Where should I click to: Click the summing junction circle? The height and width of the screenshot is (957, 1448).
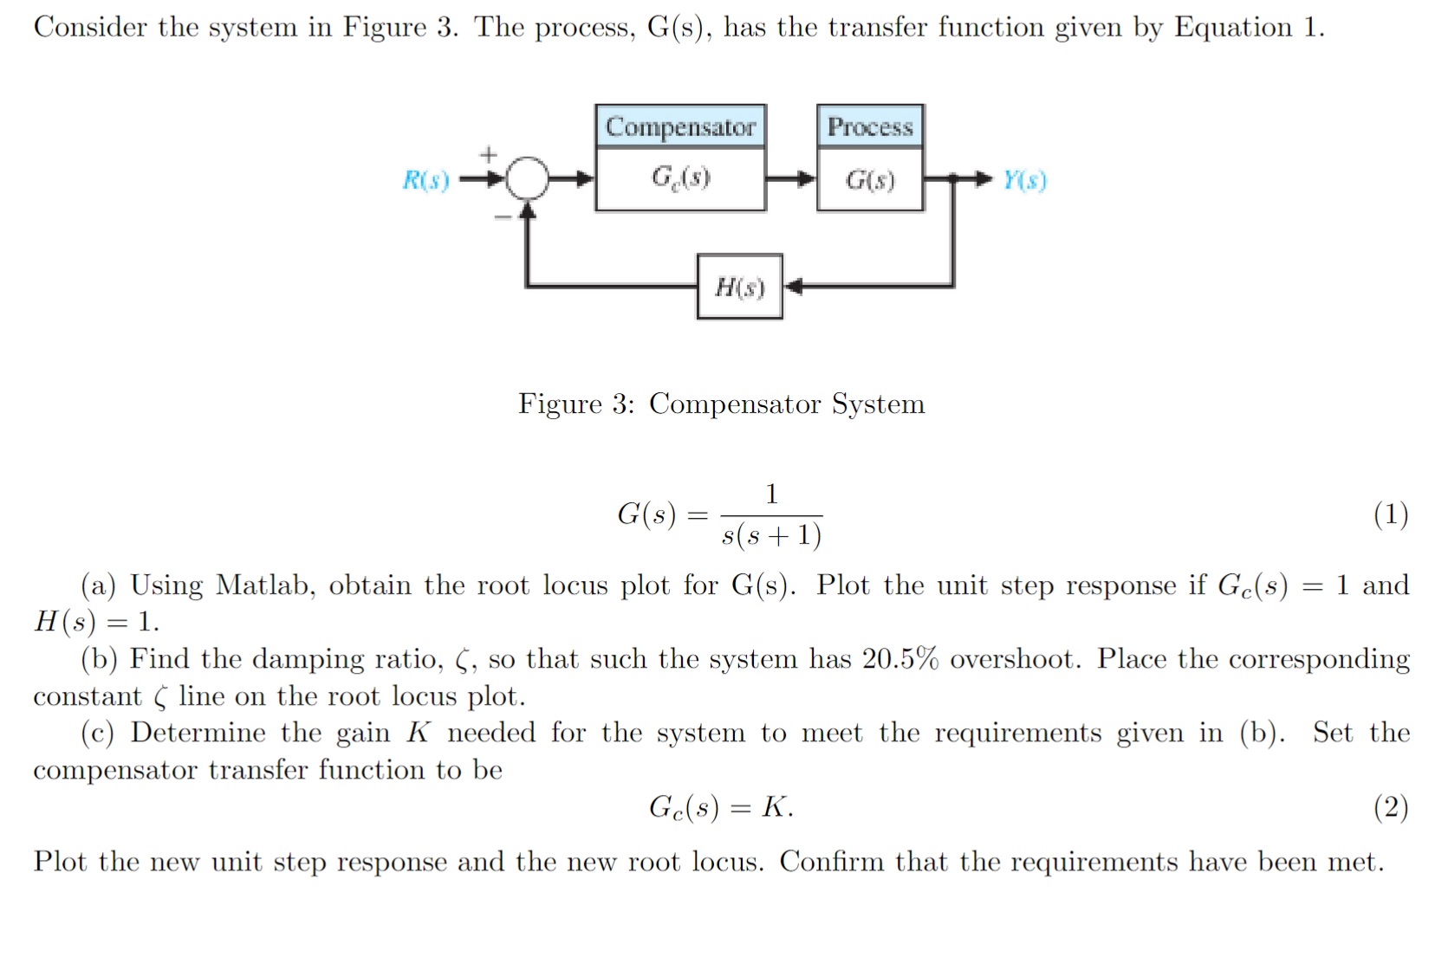tap(527, 179)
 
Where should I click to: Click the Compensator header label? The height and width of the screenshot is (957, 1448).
tap(680, 126)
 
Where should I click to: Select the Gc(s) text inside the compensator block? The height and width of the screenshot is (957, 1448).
tap(680, 178)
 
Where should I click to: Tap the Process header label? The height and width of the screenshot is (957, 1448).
tap(870, 126)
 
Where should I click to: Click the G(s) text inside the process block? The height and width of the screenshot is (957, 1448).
tap(870, 180)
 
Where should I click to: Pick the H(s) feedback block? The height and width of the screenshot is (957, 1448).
tap(739, 287)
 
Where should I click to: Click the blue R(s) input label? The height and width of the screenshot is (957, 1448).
tap(425, 180)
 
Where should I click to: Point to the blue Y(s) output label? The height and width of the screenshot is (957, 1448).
tap(1025, 180)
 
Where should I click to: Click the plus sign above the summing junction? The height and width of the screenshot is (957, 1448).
tap(489, 155)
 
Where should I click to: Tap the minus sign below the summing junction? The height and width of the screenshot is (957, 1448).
tap(502, 217)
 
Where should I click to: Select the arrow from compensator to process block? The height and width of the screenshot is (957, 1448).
tap(791, 179)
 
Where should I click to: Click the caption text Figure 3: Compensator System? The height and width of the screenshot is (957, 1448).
tap(721, 404)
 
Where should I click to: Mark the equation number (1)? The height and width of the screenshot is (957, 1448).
tap(1390, 514)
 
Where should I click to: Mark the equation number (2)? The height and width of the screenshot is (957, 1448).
tap(1390, 807)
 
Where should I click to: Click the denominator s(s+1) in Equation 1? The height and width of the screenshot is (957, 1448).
tap(771, 535)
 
